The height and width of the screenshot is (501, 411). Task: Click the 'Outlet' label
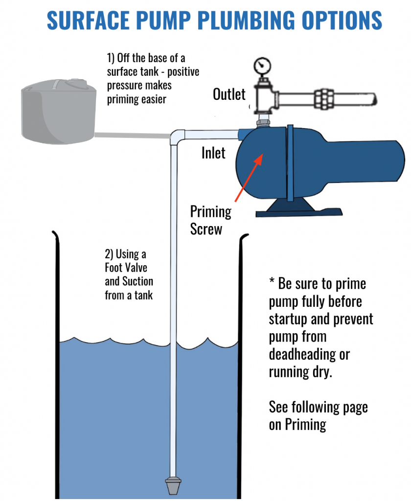[229, 94]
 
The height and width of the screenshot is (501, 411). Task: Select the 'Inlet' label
[213, 153]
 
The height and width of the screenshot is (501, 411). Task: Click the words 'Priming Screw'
[210, 220]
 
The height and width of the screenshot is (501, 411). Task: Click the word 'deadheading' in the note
[309, 354]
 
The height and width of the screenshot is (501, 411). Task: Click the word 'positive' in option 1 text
[182, 72]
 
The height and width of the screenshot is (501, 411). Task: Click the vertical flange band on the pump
[290, 161]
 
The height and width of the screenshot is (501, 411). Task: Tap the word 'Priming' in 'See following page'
[304, 424]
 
